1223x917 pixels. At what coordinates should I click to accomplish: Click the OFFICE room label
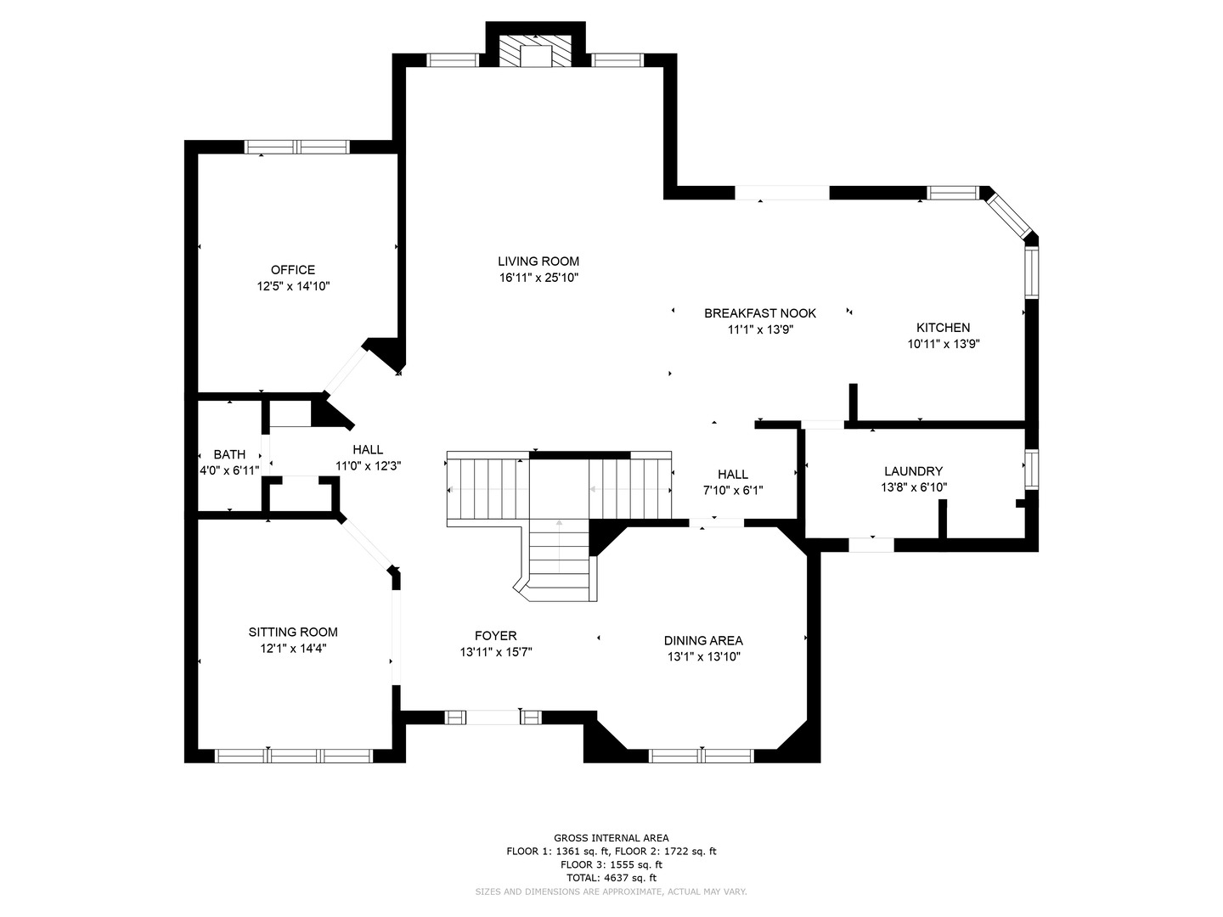click(292, 270)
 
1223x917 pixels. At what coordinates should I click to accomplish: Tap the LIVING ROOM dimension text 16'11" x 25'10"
click(538, 278)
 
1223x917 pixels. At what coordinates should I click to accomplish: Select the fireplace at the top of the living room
click(535, 52)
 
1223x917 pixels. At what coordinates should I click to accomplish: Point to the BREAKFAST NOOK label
click(760, 313)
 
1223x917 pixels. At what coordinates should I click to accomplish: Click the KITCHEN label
click(944, 328)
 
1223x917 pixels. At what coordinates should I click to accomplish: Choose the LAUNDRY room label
click(914, 471)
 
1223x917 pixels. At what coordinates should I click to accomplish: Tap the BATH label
click(229, 455)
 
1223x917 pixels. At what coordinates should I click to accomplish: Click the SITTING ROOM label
click(293, 632)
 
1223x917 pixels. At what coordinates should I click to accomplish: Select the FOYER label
click(496, 636)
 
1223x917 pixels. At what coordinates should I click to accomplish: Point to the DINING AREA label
click(704, 641)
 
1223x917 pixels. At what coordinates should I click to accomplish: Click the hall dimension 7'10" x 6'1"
click(733, 491)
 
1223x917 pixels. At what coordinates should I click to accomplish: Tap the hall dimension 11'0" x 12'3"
click(369, 466)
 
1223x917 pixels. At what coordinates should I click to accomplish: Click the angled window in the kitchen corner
click(1008, 217)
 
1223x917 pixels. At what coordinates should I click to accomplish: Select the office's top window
click(297, 147)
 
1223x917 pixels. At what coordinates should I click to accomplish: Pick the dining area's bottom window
click(701, 756)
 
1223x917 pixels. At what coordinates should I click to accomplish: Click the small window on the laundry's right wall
click(1032, 469)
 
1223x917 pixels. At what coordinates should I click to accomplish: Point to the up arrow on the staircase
click(559, 546)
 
